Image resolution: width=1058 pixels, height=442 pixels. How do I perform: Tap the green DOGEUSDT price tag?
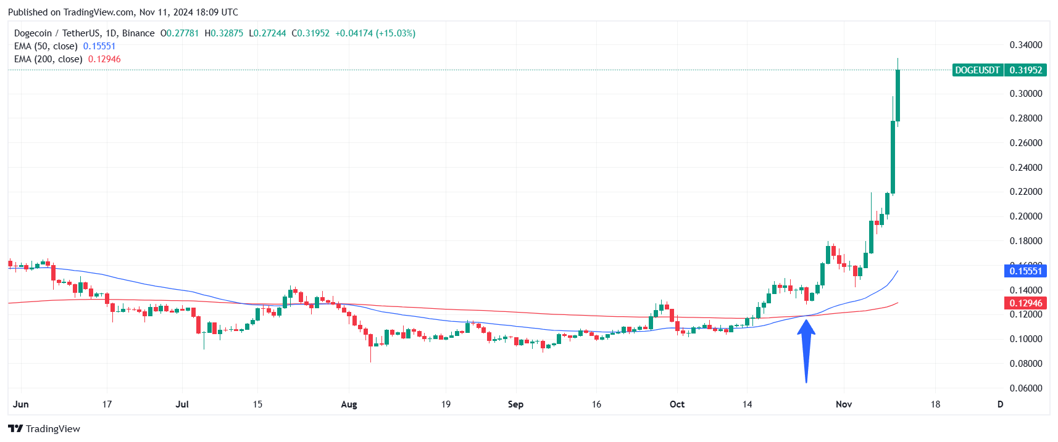(999, 70)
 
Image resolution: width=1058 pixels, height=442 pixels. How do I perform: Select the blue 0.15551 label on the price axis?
(1025, 271)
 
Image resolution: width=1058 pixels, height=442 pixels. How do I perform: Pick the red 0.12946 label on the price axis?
(1025, 303)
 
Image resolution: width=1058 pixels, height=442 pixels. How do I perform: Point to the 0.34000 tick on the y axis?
(1025, 45)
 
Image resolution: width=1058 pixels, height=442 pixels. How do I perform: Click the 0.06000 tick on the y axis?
(1025, 388)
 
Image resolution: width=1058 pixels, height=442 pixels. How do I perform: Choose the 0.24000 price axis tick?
(1025, 167)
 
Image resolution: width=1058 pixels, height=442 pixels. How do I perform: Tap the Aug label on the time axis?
(349, 404)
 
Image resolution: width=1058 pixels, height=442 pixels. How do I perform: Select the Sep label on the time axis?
(515, 404)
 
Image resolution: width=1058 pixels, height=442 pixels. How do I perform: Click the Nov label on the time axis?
(843, 404)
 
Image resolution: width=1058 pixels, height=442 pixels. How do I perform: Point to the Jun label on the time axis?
(21, 404)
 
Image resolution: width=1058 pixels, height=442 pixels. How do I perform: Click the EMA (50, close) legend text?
(46, 46)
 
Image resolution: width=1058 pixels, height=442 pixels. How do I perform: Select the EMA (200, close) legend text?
(48, 59)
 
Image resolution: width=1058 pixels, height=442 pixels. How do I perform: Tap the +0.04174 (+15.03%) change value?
(375, 33)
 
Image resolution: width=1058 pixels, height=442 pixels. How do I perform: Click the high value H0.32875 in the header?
(224, 33)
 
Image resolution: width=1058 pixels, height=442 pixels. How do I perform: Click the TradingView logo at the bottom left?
(44, 429)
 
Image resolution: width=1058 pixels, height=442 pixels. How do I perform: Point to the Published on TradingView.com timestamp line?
(123, 12)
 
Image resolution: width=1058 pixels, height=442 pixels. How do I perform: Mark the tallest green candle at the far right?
(893, 157)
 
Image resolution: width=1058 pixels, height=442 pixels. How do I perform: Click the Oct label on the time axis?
(677, 404)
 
